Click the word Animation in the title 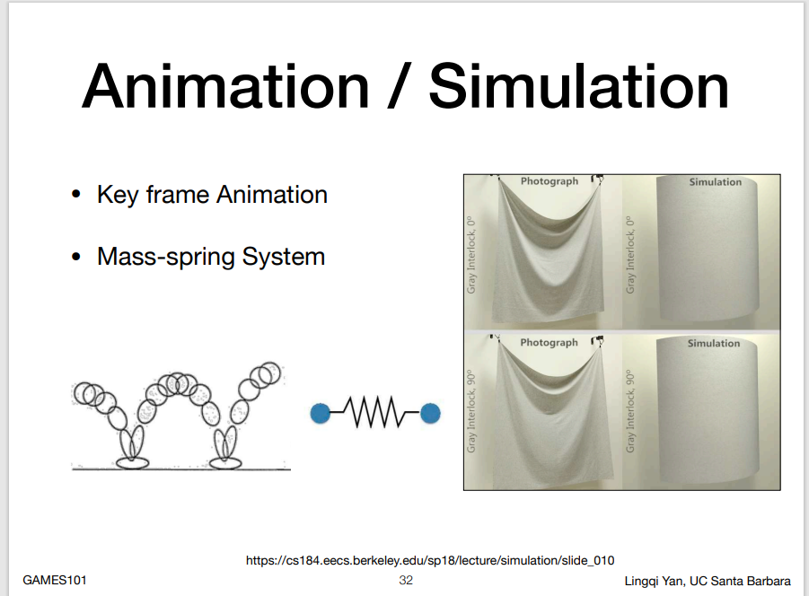[225, 85]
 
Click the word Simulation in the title [578, 85]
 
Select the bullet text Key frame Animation [212, 195]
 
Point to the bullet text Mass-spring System [211, 257]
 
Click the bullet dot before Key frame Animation [76, 195]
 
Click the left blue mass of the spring [320, 414]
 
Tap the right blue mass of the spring [430, 414]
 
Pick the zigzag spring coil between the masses [375, 413]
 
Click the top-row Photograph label [550, 181]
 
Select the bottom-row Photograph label [549, 342]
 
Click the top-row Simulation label [715, 182]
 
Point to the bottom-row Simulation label [714, 344]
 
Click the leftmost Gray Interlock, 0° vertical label [471, 255]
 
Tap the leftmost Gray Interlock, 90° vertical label [471, 411]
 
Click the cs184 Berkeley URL [430, 560]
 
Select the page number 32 [406, 580]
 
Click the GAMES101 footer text [55, 580]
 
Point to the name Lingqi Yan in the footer [654, 581]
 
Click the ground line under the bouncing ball [181, 469]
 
